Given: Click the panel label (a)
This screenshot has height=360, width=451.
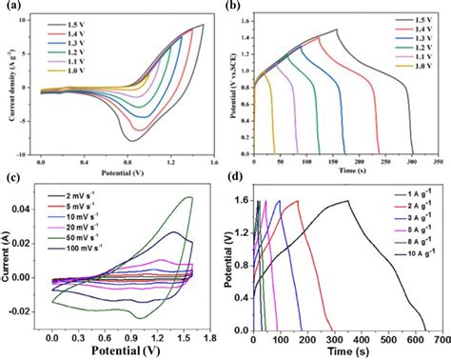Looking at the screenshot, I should [12, 7].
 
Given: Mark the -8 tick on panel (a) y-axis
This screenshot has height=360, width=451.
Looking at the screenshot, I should [33, 142].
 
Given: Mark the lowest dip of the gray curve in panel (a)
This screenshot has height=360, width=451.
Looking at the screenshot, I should [131, 140].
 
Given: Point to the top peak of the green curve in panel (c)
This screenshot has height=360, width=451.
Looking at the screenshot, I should [190, 198].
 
